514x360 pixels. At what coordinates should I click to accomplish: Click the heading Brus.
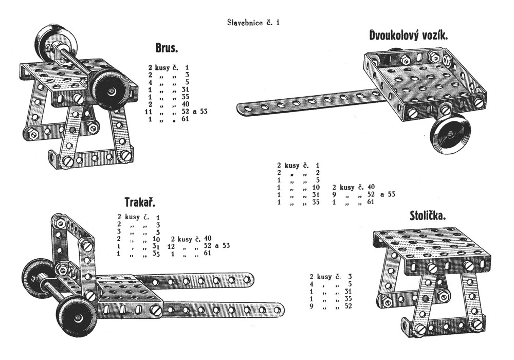click(167, 48)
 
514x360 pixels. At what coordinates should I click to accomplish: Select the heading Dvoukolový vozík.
click(409, 35)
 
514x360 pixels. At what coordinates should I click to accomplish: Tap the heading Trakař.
click(140, 201)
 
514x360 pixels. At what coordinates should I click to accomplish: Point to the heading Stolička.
click(428, 216)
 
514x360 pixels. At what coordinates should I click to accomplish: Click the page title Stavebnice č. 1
click(254, 23)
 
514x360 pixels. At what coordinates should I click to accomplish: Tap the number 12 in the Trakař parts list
click(171, 246)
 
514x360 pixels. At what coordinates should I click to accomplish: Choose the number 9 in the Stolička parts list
click(311, 307)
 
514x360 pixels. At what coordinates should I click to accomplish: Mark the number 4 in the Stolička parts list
click(311, 283)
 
